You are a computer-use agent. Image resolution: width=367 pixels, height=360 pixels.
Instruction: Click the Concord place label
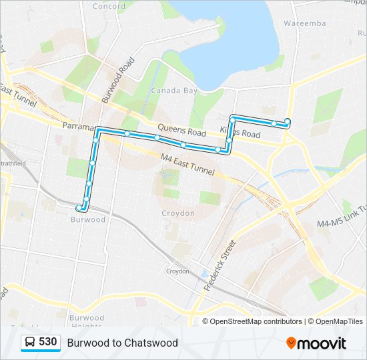pos(109,7)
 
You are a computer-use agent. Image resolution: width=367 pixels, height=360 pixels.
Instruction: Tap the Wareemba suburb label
pos(304,23)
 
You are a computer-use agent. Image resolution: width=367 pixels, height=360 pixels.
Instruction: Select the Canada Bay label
pos(173,91)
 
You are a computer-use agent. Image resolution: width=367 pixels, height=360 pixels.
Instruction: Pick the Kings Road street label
pos(241,133)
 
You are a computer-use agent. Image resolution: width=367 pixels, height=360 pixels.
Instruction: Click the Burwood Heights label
pos(86,322)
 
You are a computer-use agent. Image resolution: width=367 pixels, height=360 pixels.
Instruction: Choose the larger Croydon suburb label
pos(178,213)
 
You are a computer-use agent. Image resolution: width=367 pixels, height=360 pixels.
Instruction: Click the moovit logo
pos(316,343)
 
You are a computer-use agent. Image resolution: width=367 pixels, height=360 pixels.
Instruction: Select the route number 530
pos(48,342)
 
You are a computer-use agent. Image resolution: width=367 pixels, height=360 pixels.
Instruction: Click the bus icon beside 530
pos(30,343)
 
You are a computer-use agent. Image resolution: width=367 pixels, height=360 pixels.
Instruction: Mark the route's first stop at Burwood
pos(79,208)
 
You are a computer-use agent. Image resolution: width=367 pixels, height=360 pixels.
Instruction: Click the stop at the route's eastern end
pos(288,121)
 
